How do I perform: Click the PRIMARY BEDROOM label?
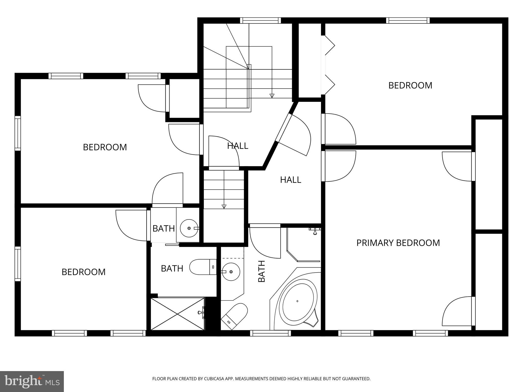pyautogui.click(x=398, y=243)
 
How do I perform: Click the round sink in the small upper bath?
pyautogui.click(x=189, y=228)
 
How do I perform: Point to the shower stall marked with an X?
pyautogui.click(x=178, y=314)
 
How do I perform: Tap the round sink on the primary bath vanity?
pyautogui.click(x=231, y=272)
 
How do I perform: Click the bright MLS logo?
pyautogui.click(x=32, y=381)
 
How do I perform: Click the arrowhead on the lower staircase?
pyautogui.click(x=224, y=206)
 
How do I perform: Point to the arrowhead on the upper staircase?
pyautogui.click(x=272, y=96)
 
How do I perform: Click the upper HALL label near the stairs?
pyautogui.click(x=237, y=146)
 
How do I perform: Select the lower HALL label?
pyautogui.click(x=290, y=180)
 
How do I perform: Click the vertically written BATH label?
pyautogui.click(x=262, y=271)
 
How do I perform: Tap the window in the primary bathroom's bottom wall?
pyautogui.click(x=270, y=333)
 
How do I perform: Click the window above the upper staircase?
pyautogui.click(x=260, y=20)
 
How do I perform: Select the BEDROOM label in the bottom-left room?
pyautogui.click(x=84, y=272)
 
